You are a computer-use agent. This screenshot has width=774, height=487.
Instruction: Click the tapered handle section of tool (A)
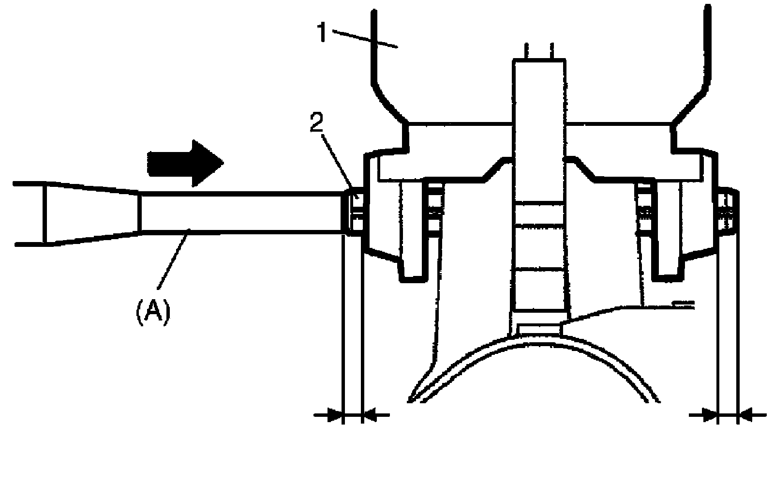(92, 213)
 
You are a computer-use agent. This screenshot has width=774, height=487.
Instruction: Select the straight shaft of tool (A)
(242, 212)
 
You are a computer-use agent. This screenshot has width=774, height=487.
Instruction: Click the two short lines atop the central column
(538, 51)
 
